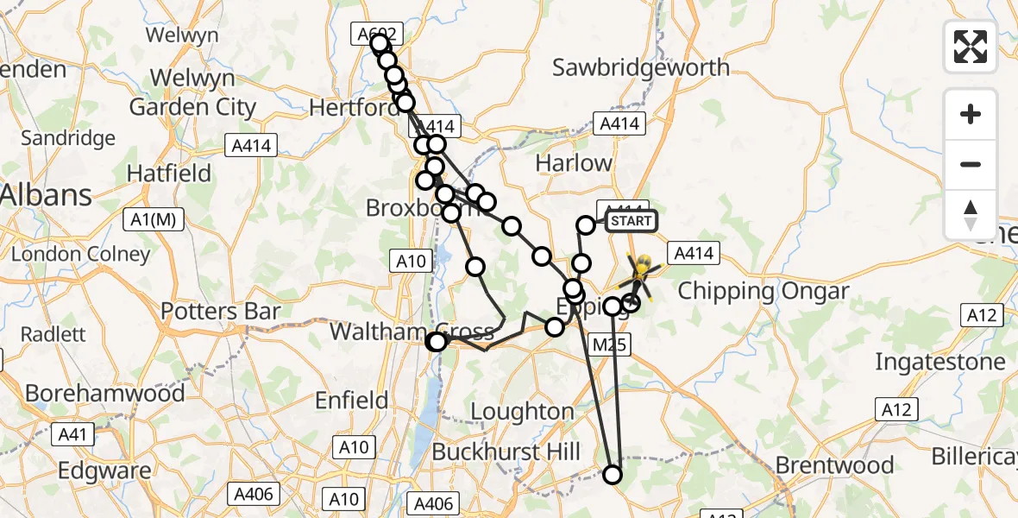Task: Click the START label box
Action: point(631,221)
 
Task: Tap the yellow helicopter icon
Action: point(640,269)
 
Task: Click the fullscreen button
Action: point(971,47)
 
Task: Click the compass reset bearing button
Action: point(971,215)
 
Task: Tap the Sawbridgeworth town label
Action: point(640,67)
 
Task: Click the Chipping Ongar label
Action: point(763,291)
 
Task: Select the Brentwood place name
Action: point(834,465)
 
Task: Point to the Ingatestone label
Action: point(940,362)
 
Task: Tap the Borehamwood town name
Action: point(104,394)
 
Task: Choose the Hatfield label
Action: point(168,174)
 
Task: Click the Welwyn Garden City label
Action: point(192,92)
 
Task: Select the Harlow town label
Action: point(574,162)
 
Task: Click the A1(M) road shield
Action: point(154,220)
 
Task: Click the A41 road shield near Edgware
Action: point(72,433)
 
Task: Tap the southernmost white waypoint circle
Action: point(613,474)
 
